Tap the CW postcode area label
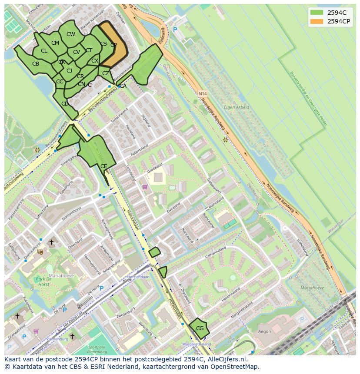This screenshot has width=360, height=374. [71, 34]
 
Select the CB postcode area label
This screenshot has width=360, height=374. [36, 64]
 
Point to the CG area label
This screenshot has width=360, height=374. [200, 328]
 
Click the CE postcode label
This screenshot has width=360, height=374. [103, 166]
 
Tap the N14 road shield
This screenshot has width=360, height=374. [202, 93]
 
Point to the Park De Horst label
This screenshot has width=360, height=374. [43, 281]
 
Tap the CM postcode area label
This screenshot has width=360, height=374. [55, 43]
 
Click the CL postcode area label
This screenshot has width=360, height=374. [44, 51]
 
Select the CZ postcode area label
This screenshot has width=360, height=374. [106, 73]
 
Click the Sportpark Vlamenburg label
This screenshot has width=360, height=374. [100, 350]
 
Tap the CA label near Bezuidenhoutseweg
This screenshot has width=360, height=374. [123, 86]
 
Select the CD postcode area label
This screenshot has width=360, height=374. [65, 104]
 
